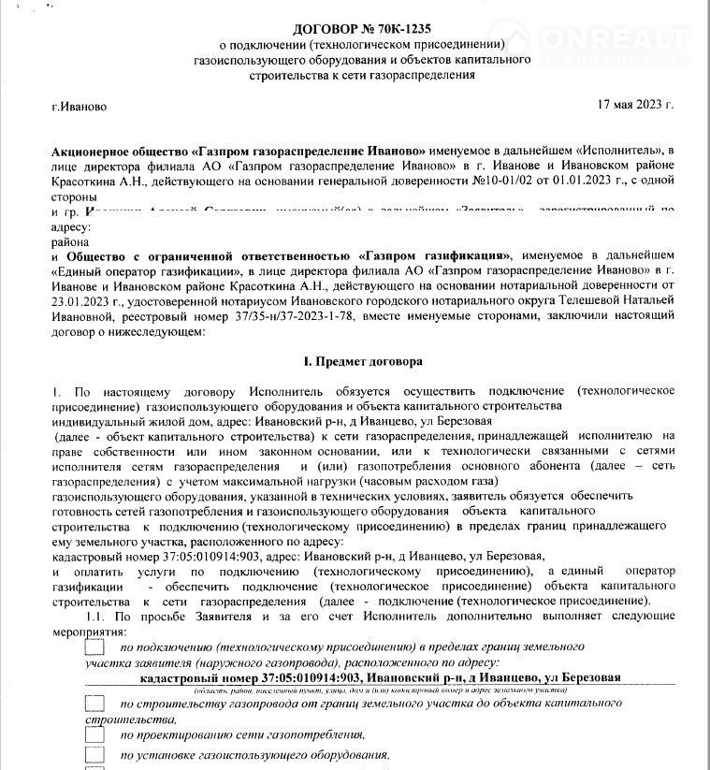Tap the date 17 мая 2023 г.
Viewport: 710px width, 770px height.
(635, 104)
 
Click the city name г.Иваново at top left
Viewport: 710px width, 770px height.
(80, 107)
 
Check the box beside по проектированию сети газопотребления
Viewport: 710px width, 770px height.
(94, 734)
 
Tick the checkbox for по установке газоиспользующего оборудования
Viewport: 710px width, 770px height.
(94, 754)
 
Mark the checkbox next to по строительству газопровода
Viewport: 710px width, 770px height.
(94, 702)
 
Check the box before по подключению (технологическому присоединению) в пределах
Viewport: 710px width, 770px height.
(94, 647)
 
